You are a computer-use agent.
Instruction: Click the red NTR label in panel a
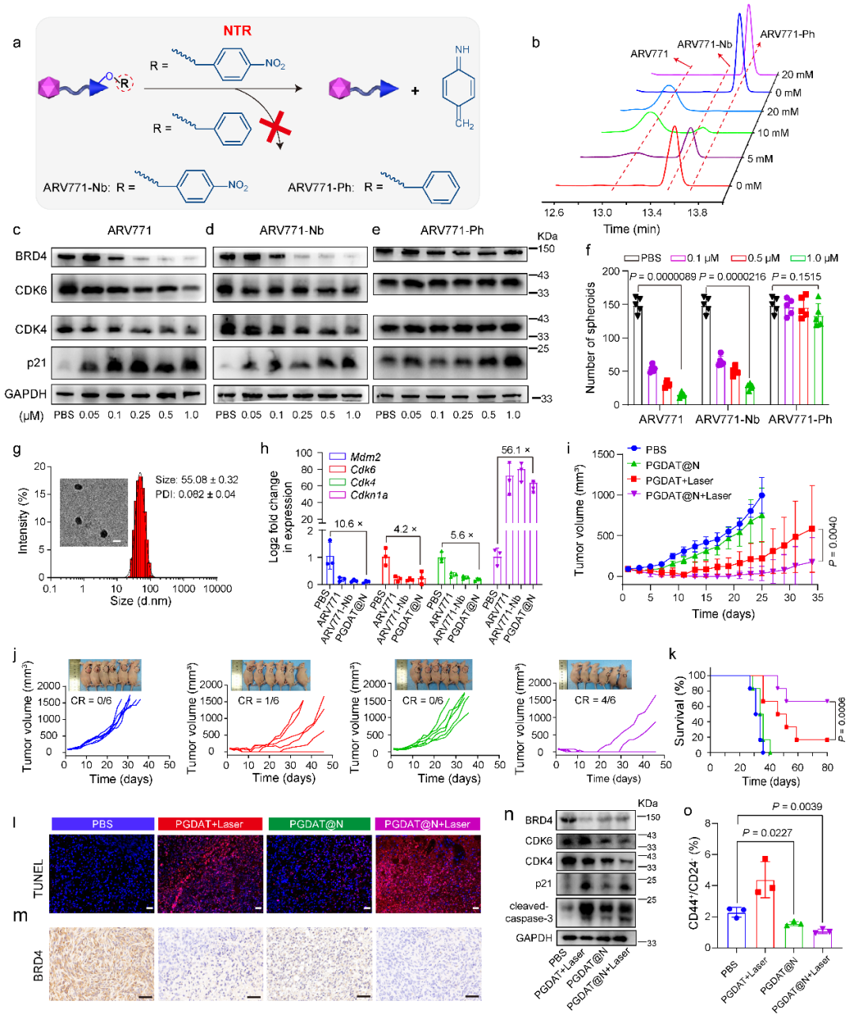tap(237, 31)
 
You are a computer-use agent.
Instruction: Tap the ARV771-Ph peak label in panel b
tap(787, 34)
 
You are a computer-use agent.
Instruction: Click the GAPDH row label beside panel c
tap(25, 393)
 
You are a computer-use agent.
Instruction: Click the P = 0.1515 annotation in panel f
tap(796, 277)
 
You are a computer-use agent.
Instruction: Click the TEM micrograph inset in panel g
tap(93, 513)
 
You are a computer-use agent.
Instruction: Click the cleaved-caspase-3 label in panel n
tap(528, 912)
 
